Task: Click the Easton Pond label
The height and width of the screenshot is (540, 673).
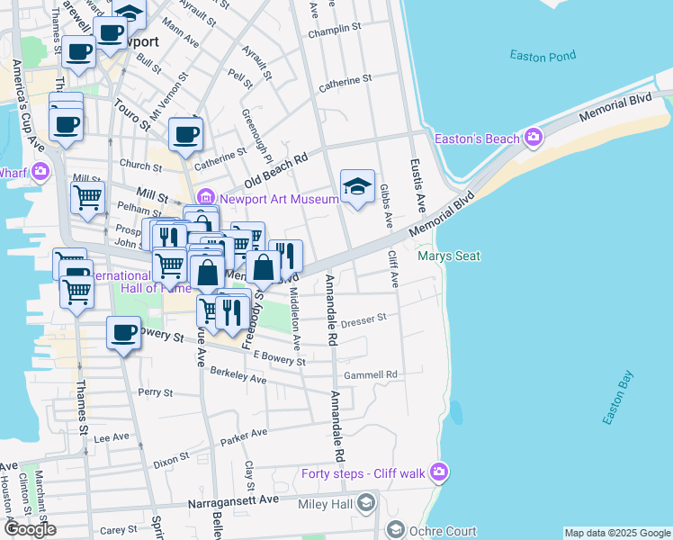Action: coord(542,56)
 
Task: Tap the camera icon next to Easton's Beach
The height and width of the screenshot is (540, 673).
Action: coord(534,138)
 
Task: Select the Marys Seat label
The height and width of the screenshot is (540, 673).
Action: coord(449,256)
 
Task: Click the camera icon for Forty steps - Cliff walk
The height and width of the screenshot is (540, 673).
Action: coord(439,471)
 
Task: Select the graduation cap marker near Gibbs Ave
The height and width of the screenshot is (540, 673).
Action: coord(357,186)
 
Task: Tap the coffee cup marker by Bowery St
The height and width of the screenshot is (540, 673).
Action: coord(123,334)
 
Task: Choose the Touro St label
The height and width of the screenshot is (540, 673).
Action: coord(131,114)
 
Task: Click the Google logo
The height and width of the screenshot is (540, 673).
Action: coord(31,529)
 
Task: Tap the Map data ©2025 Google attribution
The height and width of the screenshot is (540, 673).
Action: coord(617,533)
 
